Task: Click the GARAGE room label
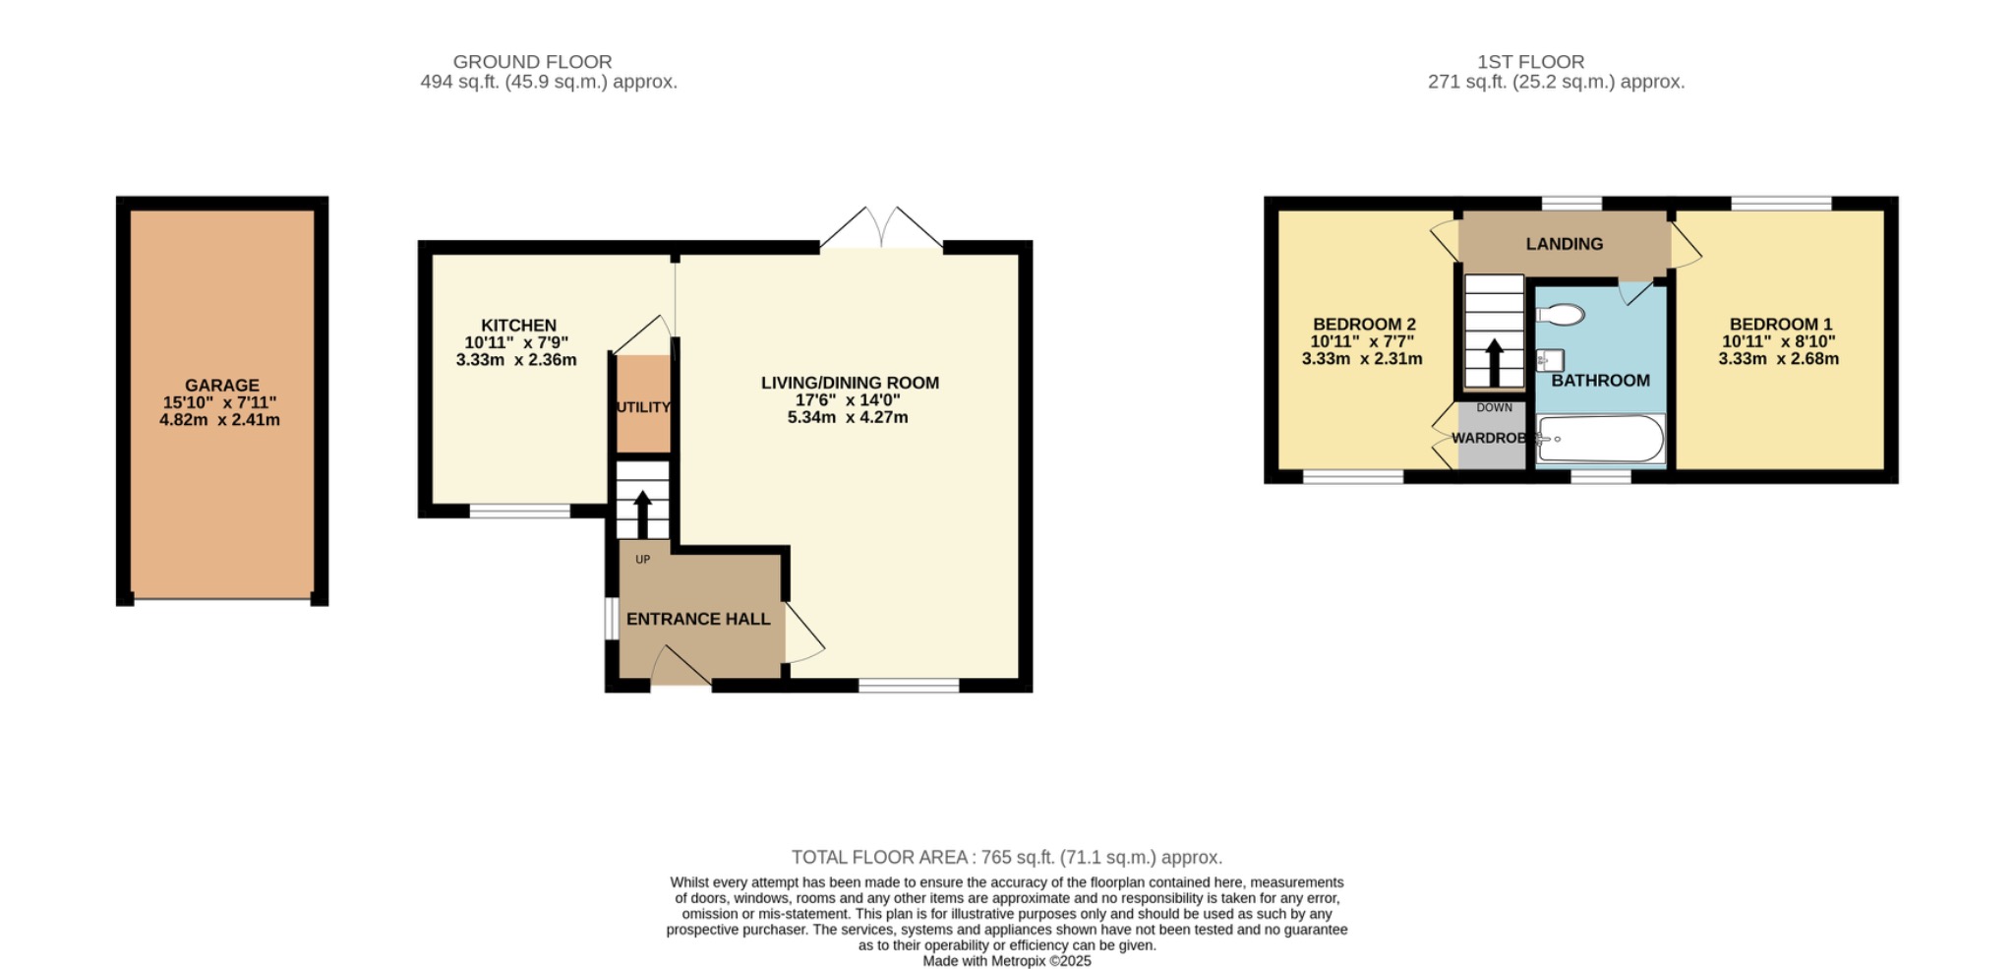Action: (221, 386)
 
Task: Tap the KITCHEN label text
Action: (518, 326)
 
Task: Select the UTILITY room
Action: (643, 406)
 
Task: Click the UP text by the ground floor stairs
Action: (642, 560)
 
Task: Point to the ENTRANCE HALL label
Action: (698, 619)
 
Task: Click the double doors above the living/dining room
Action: (881, 228)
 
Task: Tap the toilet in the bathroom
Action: (1560, 315)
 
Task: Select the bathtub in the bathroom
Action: (1601, 439)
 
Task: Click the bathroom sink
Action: (1550, 360)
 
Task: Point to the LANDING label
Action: (1564, 244)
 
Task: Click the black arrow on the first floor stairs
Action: (1494, 362)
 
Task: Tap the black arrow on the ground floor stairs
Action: (642, 514)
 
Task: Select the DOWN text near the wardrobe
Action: (1494, 407)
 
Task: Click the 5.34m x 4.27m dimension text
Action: (848, 417)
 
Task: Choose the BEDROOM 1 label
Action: (1780, 324)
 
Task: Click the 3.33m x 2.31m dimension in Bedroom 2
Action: (1361, 359)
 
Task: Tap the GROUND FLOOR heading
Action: (532, 62)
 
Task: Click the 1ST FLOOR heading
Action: (1530, 62)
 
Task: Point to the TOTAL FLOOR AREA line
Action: (1006, 857)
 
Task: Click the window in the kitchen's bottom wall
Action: (519, 511)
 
